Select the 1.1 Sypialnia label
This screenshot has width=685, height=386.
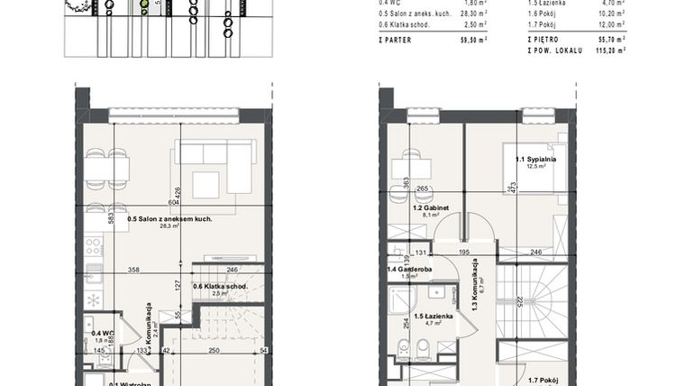point(535,160)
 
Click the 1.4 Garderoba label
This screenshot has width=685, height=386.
point(408,269)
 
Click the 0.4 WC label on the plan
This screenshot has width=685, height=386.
point(101,332)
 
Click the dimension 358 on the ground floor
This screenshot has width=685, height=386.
point(132,269)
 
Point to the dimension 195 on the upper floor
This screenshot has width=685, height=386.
point(464,253)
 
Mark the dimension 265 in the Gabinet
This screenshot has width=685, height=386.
point(422,189)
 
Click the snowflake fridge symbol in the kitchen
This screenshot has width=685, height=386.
point(93,300)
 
